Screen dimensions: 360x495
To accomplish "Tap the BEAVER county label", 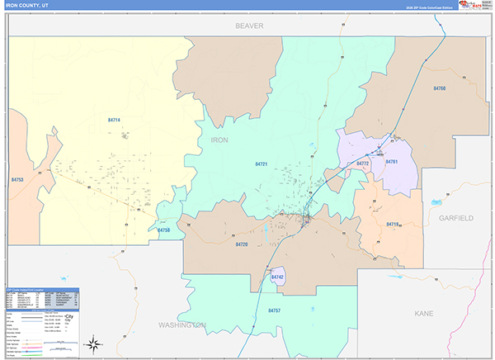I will pyautogui.click(x=248, y=26).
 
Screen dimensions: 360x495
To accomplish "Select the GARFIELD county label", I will pyautogui.click(x=455, y=218).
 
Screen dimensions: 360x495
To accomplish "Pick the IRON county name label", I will pyautogui.click(x=219, y=140).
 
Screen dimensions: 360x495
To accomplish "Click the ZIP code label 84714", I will pyautogui.click(x=114, y=121).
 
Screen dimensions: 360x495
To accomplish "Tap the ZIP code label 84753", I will pyautogui.click(x=18, y=179).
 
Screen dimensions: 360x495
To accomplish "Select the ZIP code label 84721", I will pyautogui.click(x=262, y=164).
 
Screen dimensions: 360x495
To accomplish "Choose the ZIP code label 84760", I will pyautogui.click(x=439, y=88).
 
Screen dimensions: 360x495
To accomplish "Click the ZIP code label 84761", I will pyautogui.click(x=393, y=161).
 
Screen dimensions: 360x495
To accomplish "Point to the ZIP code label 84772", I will pyautogui.click(x=363, y=163).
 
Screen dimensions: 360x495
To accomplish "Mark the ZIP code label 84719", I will pyautogui.click(x=393, y=224).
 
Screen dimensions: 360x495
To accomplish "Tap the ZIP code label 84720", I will pyautogui.click(x=241, y=244).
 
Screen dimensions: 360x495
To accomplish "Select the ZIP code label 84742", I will pyautogui.click(x=277, y=277).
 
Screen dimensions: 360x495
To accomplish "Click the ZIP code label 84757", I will pyautogui.click(x=274, y=310).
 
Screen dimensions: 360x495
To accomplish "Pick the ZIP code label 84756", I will pyautogui.click(x=164, y=230).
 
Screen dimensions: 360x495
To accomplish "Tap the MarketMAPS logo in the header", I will pyautogui.click(x=473, y=5).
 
